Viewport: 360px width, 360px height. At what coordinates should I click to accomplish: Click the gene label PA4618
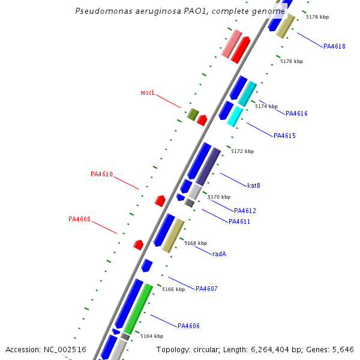334,46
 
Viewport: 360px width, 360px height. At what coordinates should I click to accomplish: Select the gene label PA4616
296,113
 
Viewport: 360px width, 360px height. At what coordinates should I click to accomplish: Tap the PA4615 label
284,136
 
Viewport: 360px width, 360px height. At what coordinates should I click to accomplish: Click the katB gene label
253,185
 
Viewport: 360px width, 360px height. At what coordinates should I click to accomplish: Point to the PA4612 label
245,211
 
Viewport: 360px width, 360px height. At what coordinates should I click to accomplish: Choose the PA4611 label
239,221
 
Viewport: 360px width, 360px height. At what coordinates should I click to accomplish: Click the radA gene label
219,254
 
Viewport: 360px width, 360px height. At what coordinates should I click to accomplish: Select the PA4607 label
206,289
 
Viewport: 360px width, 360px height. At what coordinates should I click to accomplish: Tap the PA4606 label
188,326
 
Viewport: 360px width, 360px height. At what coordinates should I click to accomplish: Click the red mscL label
148,93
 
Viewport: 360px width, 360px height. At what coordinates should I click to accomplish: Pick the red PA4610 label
101,174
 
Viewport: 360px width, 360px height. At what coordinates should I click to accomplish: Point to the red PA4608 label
79,219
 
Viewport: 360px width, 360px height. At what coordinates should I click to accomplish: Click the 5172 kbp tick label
242,151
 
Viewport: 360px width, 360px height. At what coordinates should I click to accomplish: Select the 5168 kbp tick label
196,243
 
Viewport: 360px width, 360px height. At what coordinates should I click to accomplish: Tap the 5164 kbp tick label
152,336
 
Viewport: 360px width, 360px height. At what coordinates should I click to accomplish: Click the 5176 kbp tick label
292,61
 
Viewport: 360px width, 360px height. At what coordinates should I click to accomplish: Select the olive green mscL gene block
193,114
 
